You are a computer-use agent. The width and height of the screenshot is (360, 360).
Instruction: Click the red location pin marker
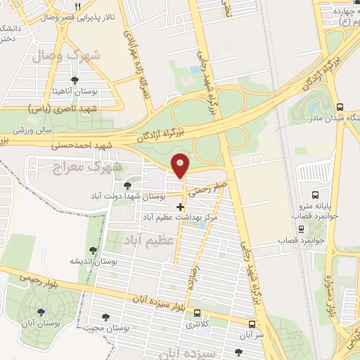(x=181, y=165)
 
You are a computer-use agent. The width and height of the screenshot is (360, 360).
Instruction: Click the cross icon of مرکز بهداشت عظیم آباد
(x=181, y=207)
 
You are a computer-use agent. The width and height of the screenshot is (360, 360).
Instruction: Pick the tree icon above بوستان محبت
(x=106, y=317)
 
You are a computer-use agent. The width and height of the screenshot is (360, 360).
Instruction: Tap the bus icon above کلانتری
(x=198, y=313)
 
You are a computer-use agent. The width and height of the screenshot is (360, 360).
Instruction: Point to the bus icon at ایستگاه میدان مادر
(x=340, y=108)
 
